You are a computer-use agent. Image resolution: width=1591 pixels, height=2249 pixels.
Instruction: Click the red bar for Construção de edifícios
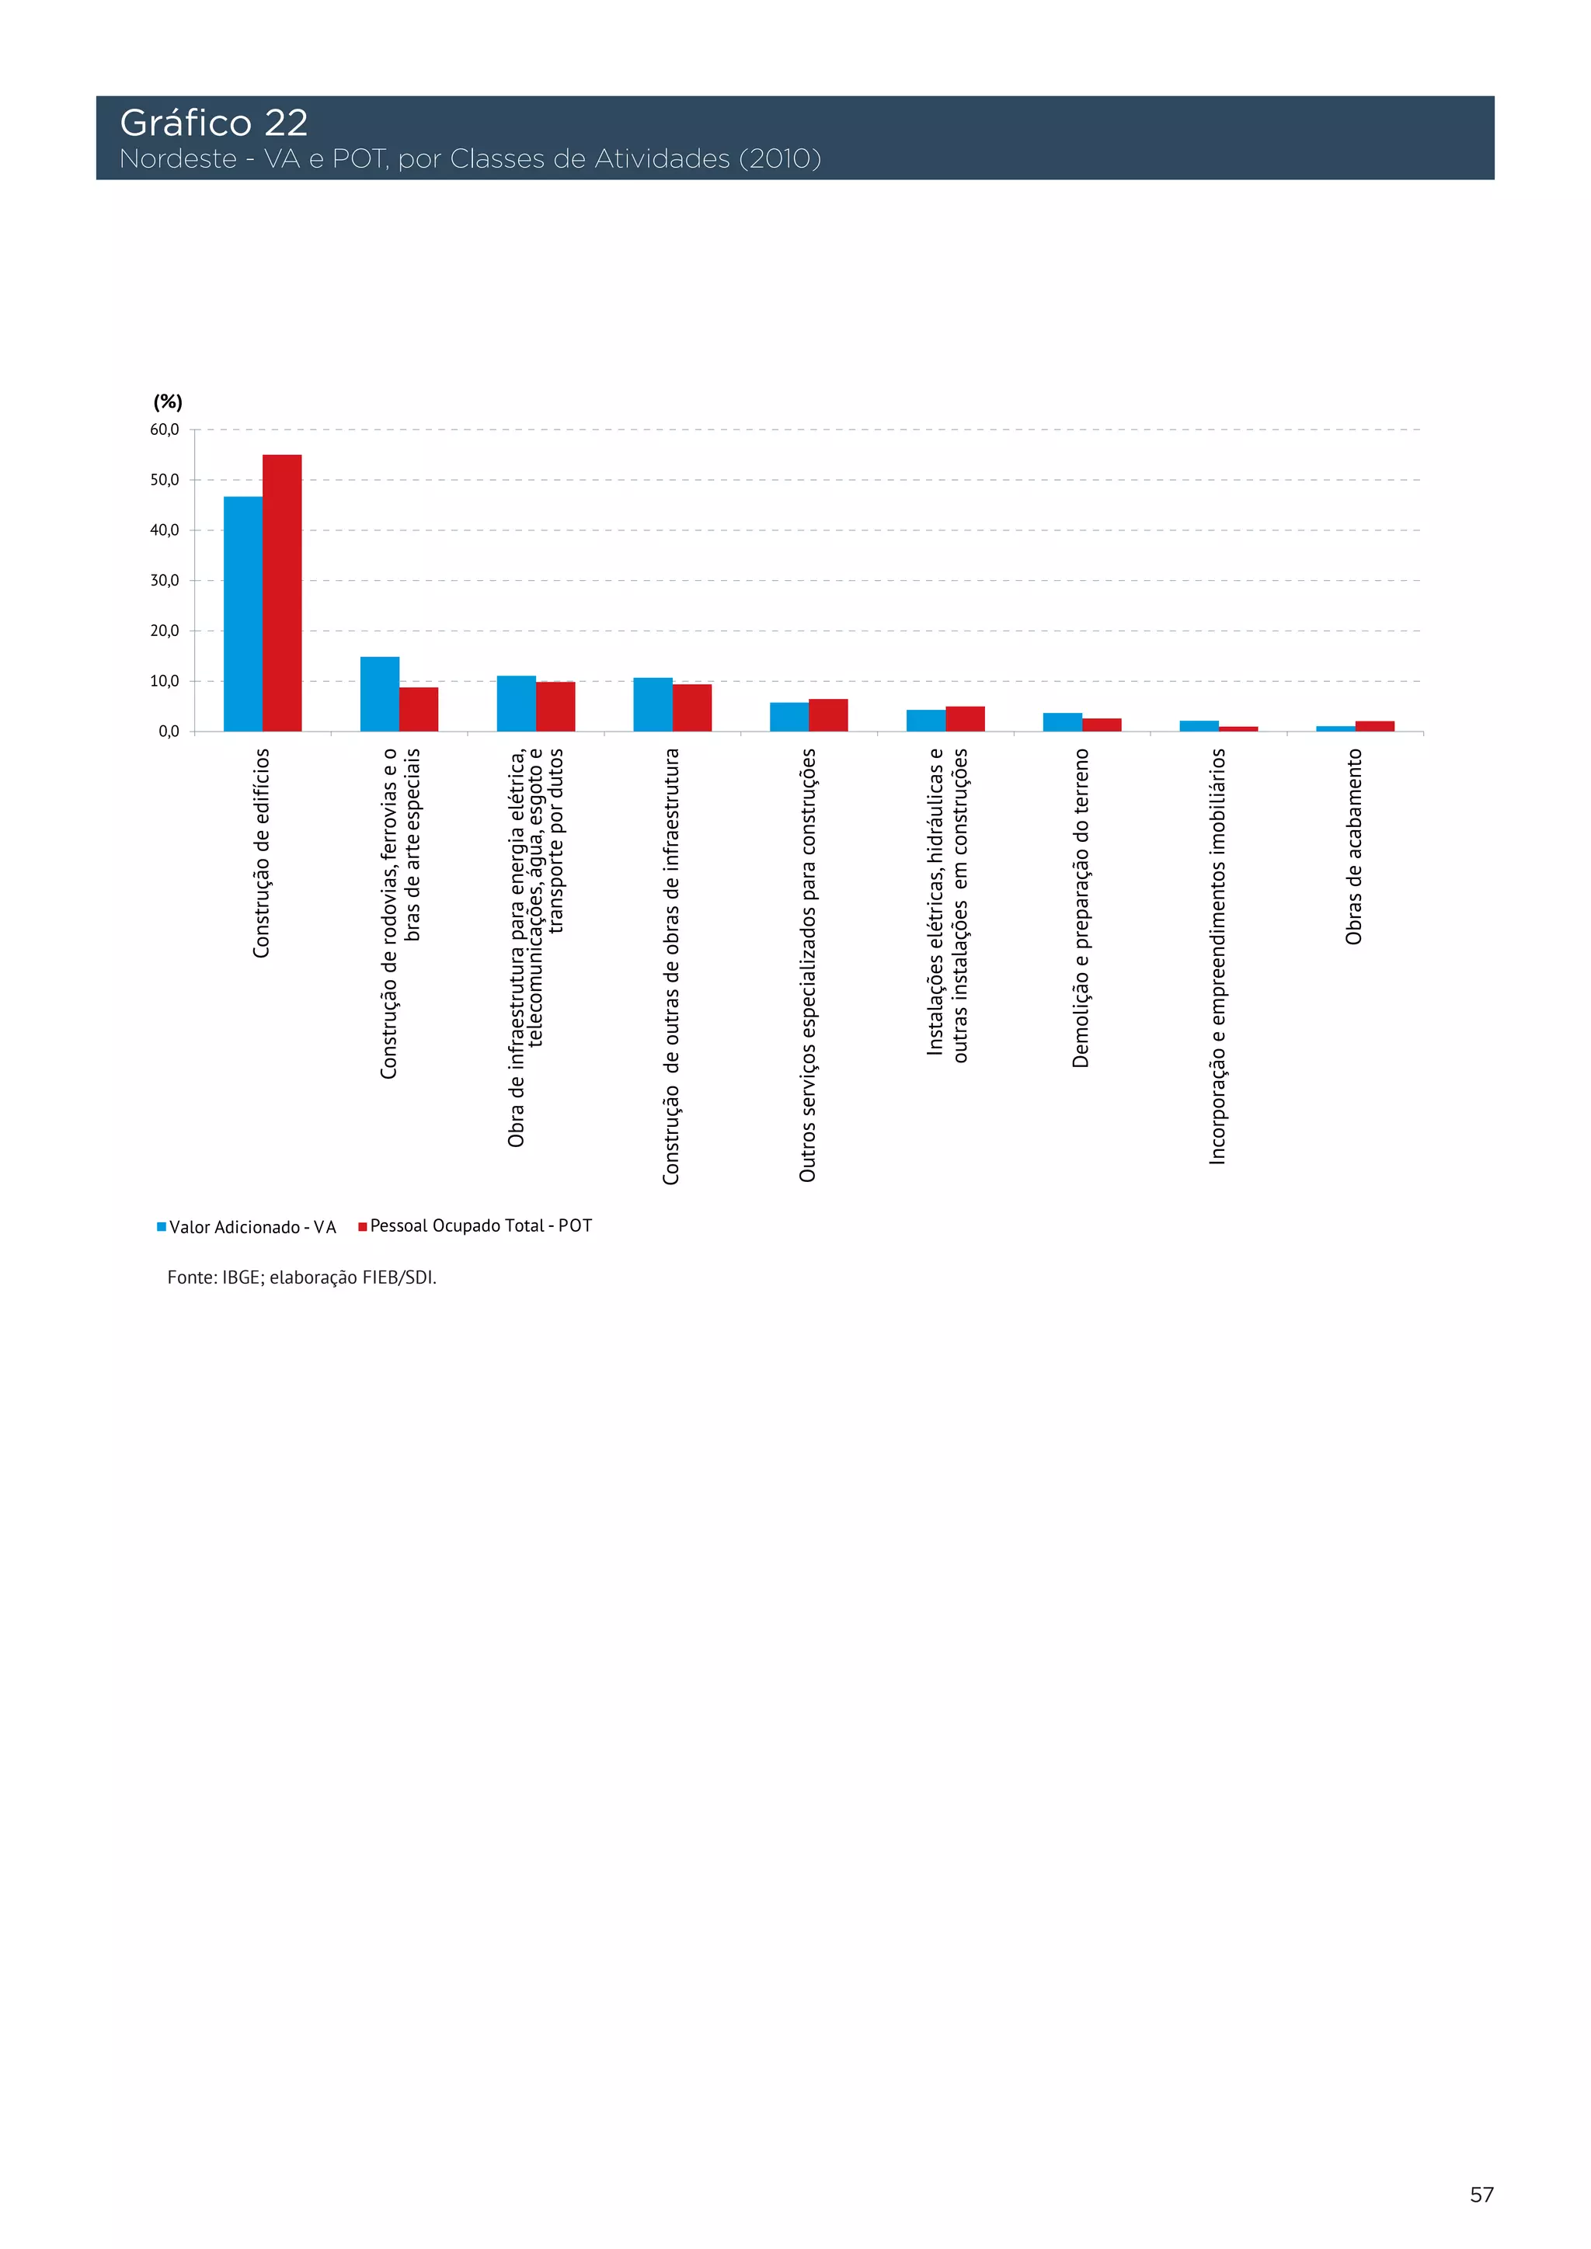(x=282, y=593)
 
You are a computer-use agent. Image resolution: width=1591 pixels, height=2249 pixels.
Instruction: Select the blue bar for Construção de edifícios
(x=243, y=614)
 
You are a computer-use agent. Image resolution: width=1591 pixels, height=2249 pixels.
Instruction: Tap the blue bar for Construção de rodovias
(x=379, y=694)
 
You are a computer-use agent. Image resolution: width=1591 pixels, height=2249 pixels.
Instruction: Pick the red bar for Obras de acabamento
(x=1374, y=727)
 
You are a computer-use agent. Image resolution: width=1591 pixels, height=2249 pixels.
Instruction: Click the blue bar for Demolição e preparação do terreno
(x=1062, y=722)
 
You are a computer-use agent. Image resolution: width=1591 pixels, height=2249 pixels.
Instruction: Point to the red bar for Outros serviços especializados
(x=828, y=715)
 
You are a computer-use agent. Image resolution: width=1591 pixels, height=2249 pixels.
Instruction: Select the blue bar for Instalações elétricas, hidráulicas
(x=926, y=721)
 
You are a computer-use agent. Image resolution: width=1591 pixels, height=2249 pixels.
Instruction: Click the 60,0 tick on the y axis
(x=165, y=430)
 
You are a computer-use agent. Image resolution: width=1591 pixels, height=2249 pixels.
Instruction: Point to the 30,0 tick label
(x=165, y=581)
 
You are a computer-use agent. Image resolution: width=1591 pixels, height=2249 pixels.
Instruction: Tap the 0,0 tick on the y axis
(x=169, y=732)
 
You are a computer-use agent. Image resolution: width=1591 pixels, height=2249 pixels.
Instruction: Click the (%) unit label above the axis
(x=168, y=401)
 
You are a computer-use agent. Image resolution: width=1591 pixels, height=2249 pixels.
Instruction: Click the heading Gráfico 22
(x=214, y=123)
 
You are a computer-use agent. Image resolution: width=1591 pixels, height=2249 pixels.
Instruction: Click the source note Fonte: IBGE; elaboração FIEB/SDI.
(x=301, y=1277)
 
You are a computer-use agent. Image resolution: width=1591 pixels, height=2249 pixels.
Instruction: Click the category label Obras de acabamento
(x=1354, y=847)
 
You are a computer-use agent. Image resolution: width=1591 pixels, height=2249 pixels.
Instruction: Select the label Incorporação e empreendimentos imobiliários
(x=1217, y=956)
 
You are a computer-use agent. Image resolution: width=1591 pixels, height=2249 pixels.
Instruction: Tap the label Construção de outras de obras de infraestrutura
(x=671, y=966)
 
